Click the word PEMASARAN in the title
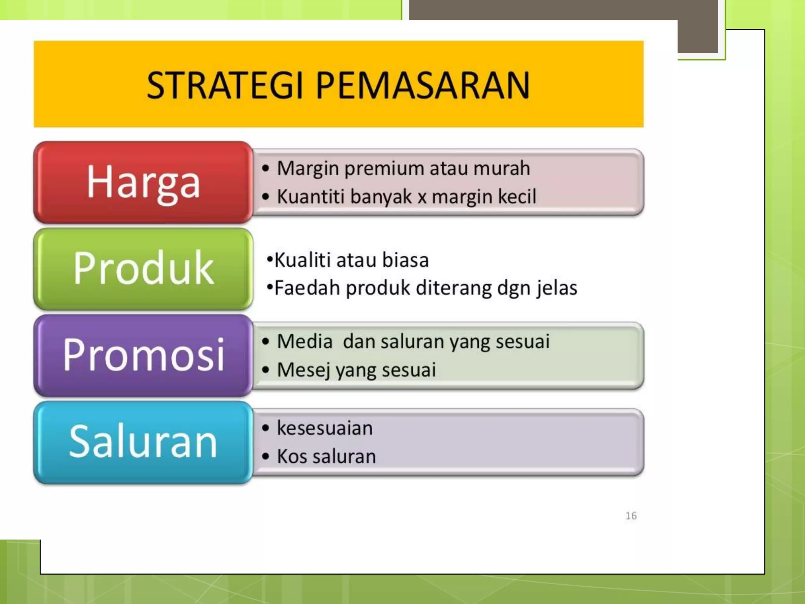point(423,85)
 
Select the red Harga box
point(143,182)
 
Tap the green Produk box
point(143,269)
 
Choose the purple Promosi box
point(143,355)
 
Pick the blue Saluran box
point(143,442)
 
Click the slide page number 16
point(631,516)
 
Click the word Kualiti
point(302,260)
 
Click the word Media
point(305,341)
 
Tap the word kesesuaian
point(325,428)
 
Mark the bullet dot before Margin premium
point(266,169)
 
